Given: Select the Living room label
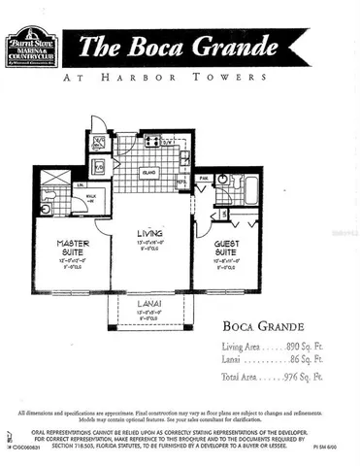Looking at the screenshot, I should click(149, 234).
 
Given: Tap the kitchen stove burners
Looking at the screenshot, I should click(152, 142).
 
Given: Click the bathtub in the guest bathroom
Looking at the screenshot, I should click(250, 189).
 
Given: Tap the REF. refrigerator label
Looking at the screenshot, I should click(181, 181).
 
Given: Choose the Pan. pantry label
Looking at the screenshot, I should click(204, 178).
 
